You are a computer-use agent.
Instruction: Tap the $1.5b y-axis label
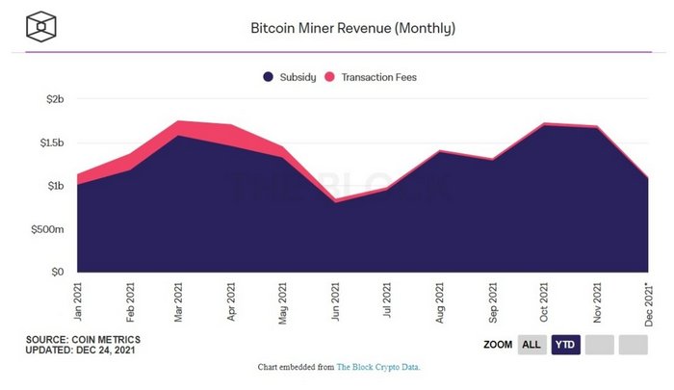pyautogui.click(x=49, y=143)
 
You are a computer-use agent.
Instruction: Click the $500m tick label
pyautogui.click(x=46, y=229)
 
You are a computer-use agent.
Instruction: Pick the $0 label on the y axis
pyautogui.click(x=56, y=273)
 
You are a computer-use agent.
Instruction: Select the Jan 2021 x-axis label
pyautogui.click(x=77, y=300)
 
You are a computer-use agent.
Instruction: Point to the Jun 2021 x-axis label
pyautogui.click(x=335, y=300)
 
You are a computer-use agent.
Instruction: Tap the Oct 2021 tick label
pyautogui.click(x=543, y=300)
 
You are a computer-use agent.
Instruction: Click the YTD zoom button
pyautogui.click(x=565, y=345)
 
